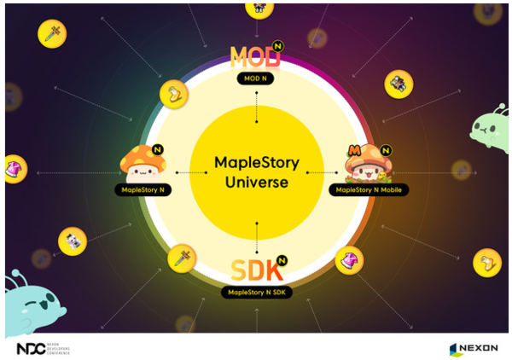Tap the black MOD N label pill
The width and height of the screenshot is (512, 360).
pyautogui.click(x=256, y=78)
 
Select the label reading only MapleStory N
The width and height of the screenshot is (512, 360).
pyautogui.click(x=143, y=189)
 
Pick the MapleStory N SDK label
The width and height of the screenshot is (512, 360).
pyautogui.click(x=257, y=292)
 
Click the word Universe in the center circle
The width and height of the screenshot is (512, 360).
pyautogui.click(x=256, y=183)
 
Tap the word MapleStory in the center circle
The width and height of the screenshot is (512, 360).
pyautogui.click(x=256, y=162)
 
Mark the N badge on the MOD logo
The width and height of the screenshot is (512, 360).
pyautogui.click(x=278, y=44)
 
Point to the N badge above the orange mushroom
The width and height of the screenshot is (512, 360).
pyautogui.click(x=160, y=148)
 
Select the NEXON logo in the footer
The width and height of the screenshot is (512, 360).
pyautogui.click(x=474, y=348)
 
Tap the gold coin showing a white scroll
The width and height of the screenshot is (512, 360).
pyautogui.click(x=73, y=241)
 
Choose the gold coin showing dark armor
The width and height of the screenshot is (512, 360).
pyautogui.click(x=399, y=83)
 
